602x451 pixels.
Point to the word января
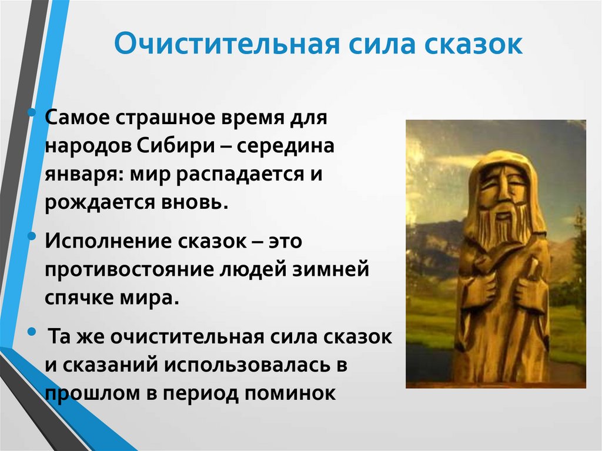79,175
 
